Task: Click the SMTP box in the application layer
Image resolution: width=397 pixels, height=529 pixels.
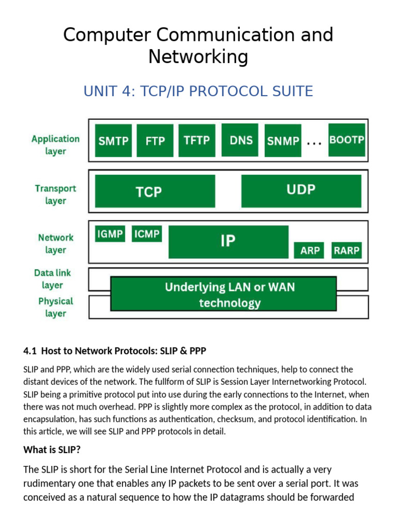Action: click(113, 141)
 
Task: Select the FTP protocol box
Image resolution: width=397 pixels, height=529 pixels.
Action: click(155, 141)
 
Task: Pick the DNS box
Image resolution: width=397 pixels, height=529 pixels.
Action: click(240, 139)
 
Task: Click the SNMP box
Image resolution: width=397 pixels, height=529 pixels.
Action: click(283, 141)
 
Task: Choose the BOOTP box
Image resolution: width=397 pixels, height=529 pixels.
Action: click(347, 140)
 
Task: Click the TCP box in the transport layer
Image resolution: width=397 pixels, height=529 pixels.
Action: click(155, 192)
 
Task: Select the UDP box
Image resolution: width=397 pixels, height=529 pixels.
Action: click(301, 190)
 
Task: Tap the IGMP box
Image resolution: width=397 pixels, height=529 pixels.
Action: click(110, 234)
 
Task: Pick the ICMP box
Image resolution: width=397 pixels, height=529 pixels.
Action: click(147, 234)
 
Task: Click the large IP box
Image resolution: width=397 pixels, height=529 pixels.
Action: click(228, 241)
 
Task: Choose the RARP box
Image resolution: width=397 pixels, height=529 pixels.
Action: click(346, 251)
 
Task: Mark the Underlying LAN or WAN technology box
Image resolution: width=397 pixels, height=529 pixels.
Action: click(224, 294)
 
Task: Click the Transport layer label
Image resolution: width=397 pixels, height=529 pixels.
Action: click(55, 195)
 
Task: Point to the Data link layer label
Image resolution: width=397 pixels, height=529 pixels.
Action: click(53, 279)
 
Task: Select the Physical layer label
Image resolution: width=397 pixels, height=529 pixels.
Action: click(55, 307)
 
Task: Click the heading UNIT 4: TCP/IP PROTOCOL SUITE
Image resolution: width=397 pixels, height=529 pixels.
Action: click(198, 91)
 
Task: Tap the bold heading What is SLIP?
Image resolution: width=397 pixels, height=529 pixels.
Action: click(52, 449)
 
